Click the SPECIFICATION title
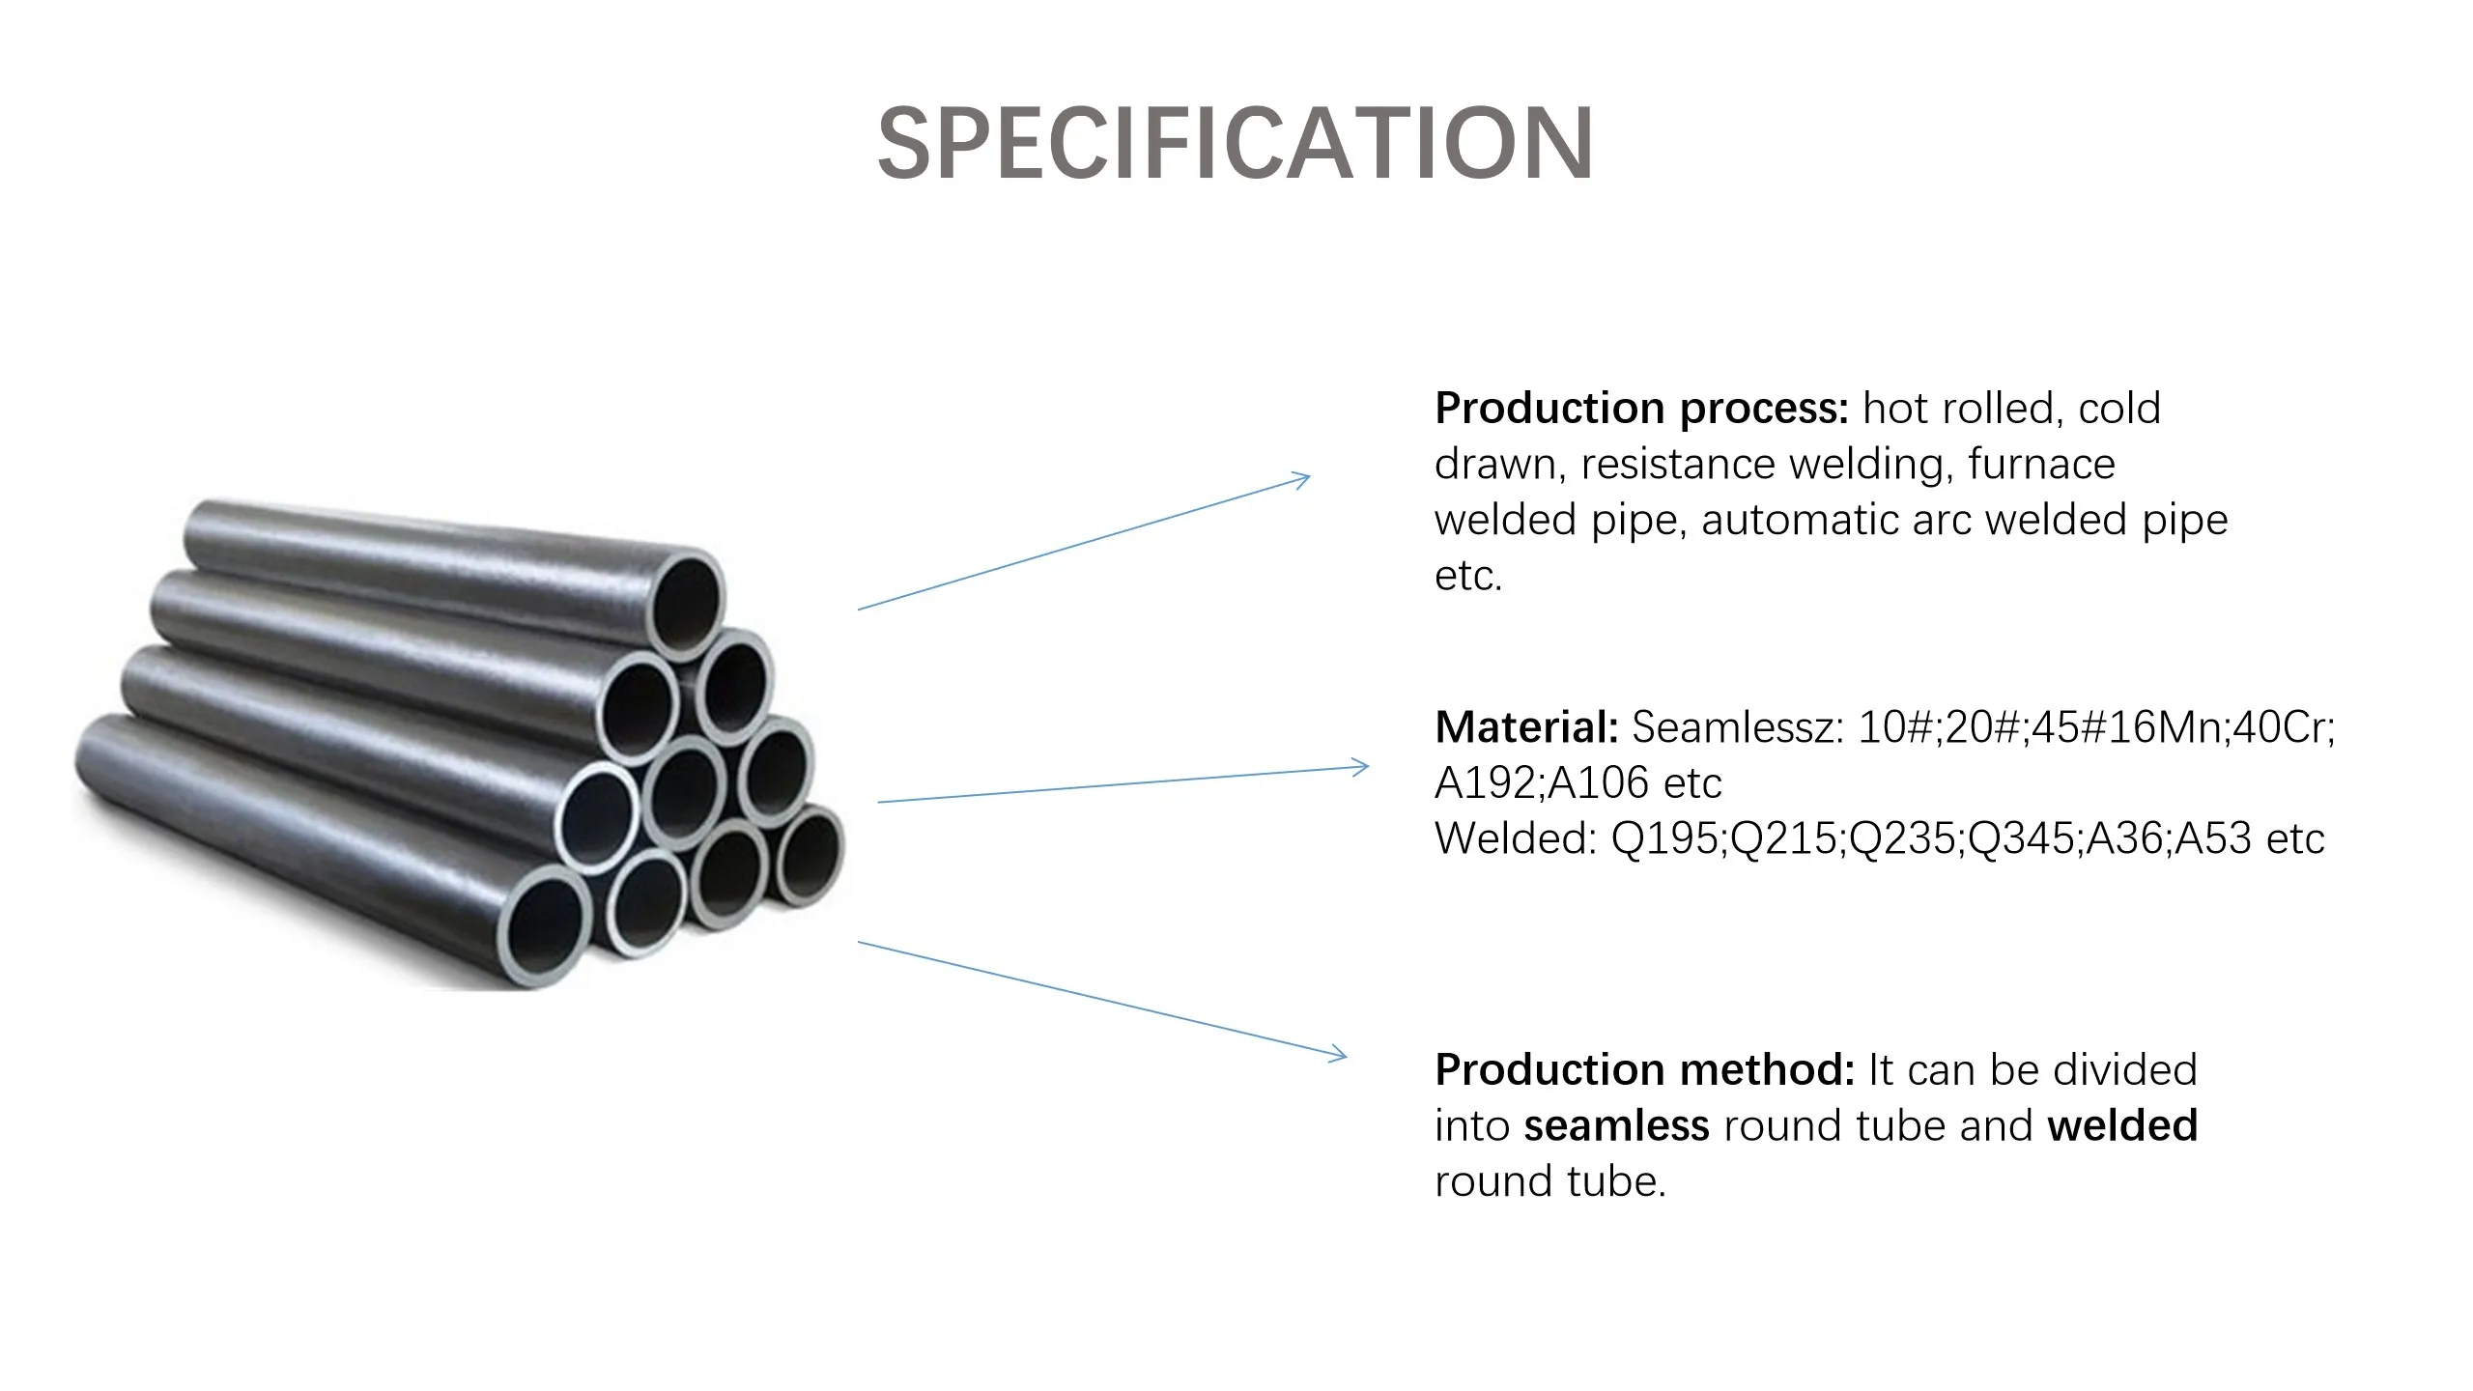1235,145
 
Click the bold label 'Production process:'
1640,409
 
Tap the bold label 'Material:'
1525,727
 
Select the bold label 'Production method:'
1643,1070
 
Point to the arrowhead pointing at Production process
1302,478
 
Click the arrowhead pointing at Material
1361,767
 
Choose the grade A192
1486,783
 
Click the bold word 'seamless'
1616,1126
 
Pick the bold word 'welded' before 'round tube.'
2122,1126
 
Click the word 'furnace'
2041,465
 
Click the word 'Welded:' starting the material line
1516,838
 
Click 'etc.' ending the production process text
1467,577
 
